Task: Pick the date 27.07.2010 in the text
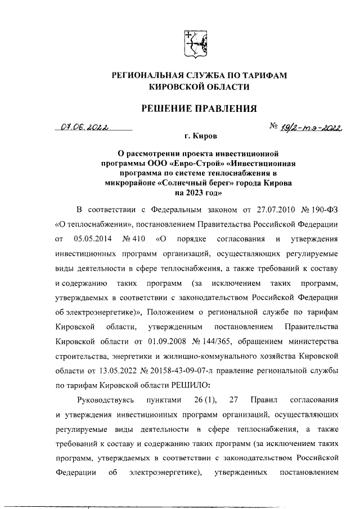[268, 210]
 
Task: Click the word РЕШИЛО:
[190, 385]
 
